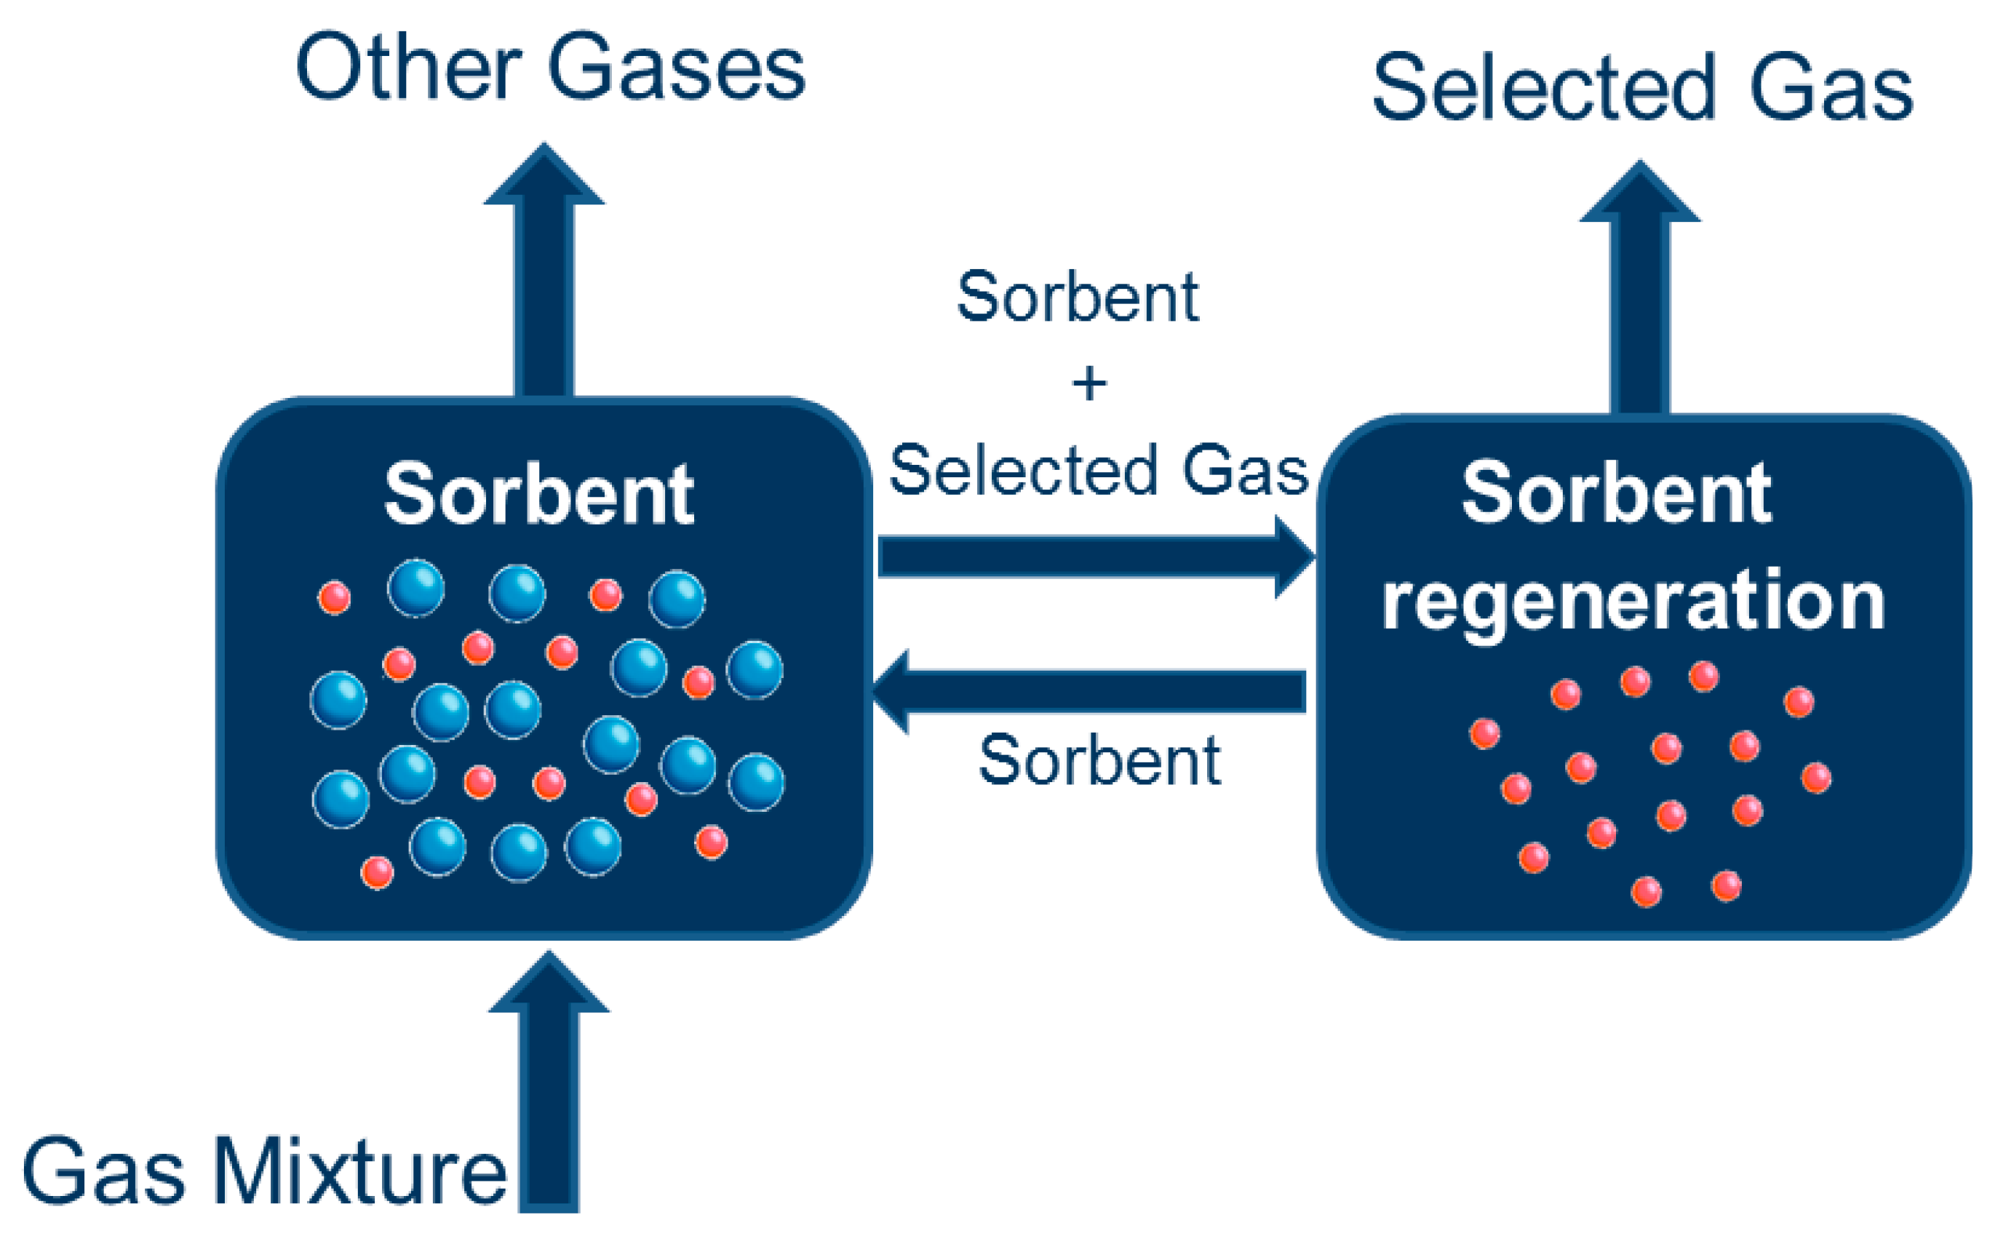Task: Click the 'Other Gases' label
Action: click(550, 68)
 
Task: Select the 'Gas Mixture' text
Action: click(263, 1171)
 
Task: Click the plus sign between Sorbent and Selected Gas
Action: click(1089, 383)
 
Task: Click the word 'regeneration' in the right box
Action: click(1633, 602)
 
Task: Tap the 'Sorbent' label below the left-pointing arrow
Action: click(1099, 760)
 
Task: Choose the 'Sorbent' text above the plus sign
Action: click(1078, 297)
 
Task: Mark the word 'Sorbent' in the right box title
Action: click(1616, 494)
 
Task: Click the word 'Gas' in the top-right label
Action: click(1831, 87)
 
